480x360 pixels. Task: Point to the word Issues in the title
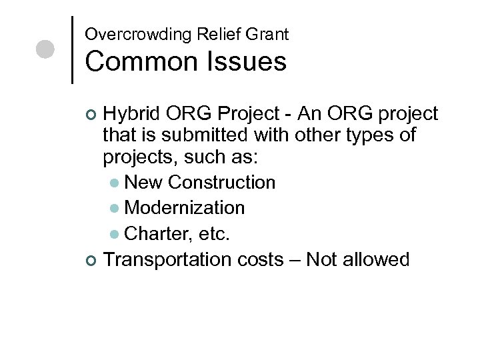click(x=246, y=62)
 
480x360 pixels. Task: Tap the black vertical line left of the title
click(x=72, y=49)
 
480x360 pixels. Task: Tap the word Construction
click(x=222, y=182)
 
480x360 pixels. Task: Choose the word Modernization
click(x=185, y=207)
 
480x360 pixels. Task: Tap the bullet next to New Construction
click(x=115, y=183)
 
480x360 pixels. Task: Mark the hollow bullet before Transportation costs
click(x=91, y=259)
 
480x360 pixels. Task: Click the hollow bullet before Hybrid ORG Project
click(x=91, y=115)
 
